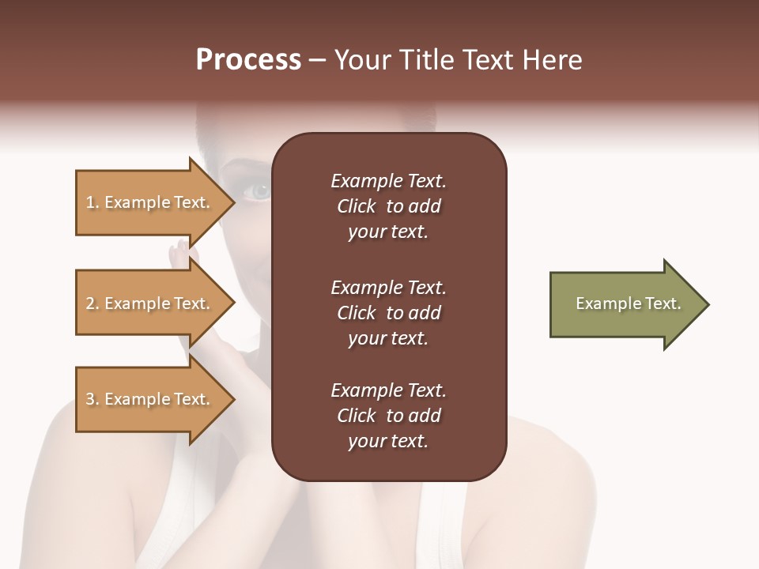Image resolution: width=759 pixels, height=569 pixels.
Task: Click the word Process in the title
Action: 248,60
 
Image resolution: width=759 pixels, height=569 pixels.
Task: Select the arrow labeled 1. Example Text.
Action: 150,202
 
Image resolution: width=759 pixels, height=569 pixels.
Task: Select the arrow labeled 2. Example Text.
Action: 150,303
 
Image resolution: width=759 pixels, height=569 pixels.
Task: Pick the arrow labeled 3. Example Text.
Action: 150,399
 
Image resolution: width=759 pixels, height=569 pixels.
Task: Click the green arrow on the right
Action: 625,304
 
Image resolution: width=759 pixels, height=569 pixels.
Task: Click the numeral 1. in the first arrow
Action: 93,202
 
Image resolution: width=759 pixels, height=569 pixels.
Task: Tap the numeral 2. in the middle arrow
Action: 93,303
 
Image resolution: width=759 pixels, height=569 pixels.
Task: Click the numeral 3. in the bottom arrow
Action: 93,399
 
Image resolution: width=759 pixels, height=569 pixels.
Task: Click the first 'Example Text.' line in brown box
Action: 388,181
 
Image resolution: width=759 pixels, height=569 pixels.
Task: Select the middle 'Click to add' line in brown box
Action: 388,313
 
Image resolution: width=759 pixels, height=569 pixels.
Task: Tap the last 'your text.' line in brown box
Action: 388,442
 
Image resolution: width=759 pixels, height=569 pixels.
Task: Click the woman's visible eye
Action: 259,191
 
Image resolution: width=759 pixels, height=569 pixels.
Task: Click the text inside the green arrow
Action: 628,303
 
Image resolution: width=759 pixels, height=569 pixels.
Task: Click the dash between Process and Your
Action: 318,61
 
